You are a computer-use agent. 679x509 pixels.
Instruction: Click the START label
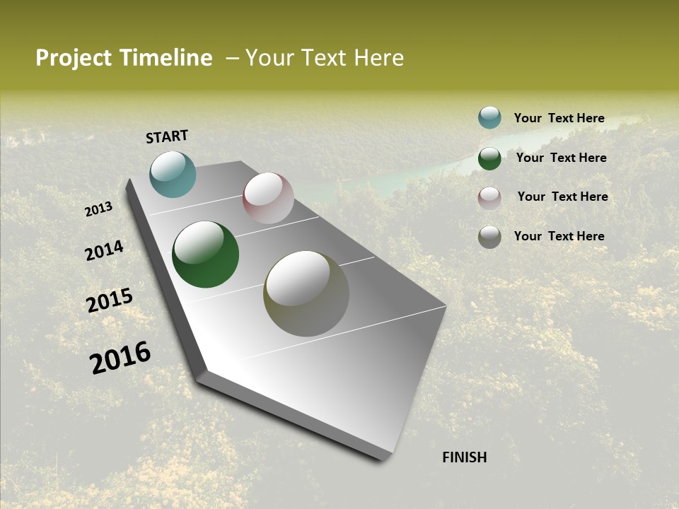tap(167, 136)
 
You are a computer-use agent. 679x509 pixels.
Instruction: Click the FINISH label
tap(464, 457)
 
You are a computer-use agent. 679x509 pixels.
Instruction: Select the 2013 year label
tap(99, 209)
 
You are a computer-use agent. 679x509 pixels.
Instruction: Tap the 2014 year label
tap(104, 250)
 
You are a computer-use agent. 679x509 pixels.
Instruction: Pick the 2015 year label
tap(110, 300)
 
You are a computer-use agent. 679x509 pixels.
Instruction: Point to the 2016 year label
tap(120, 357)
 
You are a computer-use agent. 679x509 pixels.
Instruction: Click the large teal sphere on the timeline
tap(173, 174)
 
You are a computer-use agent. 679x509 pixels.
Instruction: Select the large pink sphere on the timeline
tap(268, 198)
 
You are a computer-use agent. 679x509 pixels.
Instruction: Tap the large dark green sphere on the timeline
tap(205, 255)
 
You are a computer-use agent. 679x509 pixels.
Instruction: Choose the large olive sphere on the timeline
tap(306, 293)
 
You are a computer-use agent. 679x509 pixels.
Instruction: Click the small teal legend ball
tap(489, 117)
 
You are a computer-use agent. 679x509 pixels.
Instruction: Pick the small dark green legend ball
tap(489, 158)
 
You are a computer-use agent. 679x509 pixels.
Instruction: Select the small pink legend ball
tap(489, 198)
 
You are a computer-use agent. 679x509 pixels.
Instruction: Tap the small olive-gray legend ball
tap(489, 237)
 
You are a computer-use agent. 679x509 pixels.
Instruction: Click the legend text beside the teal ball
tap(559, 118)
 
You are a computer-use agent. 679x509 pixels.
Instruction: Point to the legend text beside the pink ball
tap(562, 197)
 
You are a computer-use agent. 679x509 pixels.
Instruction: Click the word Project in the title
tap(74, 58)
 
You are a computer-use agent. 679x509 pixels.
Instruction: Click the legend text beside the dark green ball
tap(561, 158)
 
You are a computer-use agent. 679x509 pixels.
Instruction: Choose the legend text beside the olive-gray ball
tap(559, 236)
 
